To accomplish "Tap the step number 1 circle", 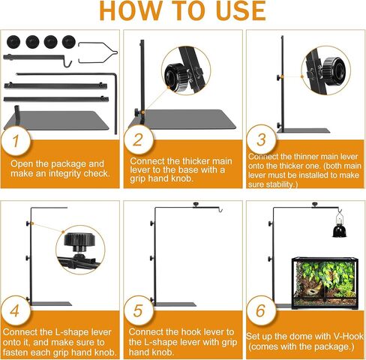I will click(x=15, y=140).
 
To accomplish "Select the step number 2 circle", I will click(x=137, y=140).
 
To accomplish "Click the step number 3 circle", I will click(x=259, y=140).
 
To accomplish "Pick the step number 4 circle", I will click(x=15, y=309).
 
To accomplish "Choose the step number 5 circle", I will click(x=137, y=309).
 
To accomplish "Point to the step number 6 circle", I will click(x=259, y=309).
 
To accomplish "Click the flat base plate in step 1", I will click(x=64, y=119).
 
